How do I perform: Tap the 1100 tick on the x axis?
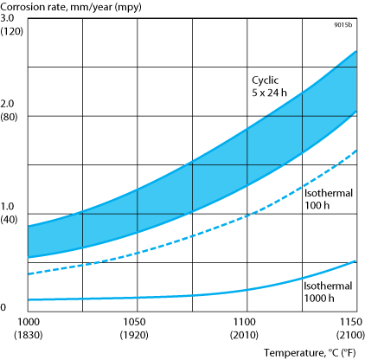coord(247,321)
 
